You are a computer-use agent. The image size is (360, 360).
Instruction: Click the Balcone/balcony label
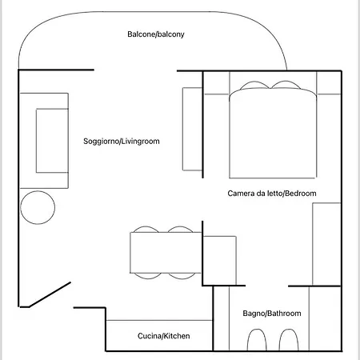(156, 34)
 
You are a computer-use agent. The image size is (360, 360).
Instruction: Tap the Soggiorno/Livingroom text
(122, 141)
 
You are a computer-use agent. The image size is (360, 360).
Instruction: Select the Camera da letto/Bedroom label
(272, 194)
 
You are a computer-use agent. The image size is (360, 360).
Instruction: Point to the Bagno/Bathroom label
(272, 314)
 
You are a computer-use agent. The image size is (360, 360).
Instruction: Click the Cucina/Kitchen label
(164, 336)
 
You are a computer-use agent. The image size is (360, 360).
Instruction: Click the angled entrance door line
(50, 294)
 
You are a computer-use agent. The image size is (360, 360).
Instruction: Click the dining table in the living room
(166, 253)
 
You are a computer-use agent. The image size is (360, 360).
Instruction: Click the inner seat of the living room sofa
(52, 141)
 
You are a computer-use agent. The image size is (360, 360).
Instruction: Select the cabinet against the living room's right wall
(192, 129)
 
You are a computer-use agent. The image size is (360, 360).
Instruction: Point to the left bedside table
(217, 82)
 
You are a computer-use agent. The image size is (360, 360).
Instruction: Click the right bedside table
(329, 82)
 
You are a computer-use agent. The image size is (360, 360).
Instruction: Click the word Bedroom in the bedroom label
(301, 194)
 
